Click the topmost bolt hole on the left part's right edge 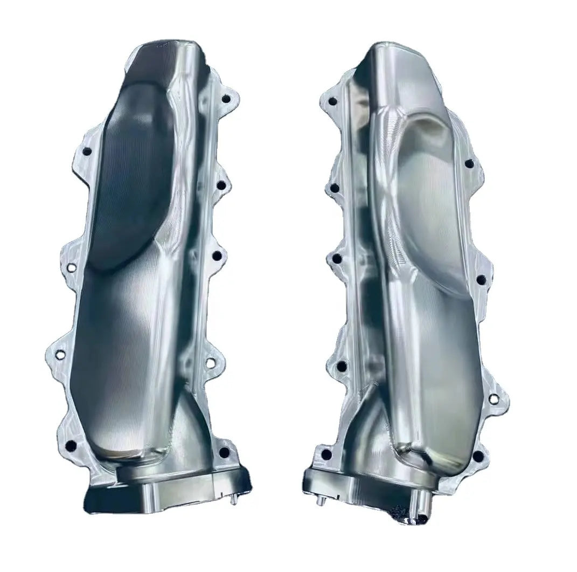coord(226,99)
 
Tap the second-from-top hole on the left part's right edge coord(221,185)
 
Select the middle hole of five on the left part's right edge coord(217,255)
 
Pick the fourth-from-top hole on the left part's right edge coord(211,363)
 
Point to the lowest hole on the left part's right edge coord(224,452)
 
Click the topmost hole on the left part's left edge coord(86,151)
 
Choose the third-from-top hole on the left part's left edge coord(60,355)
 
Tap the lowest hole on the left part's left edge coord(71,446)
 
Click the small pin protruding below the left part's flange coord(234,500)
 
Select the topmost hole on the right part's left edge coord(332,101)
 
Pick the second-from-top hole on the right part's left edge coord(335,188)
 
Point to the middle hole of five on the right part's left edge coord(337,259)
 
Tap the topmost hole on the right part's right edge coord(469,163)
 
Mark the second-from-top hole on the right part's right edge coord(481,279)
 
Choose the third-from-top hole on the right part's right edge coord(493,399)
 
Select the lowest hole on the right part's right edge coord(478,456)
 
